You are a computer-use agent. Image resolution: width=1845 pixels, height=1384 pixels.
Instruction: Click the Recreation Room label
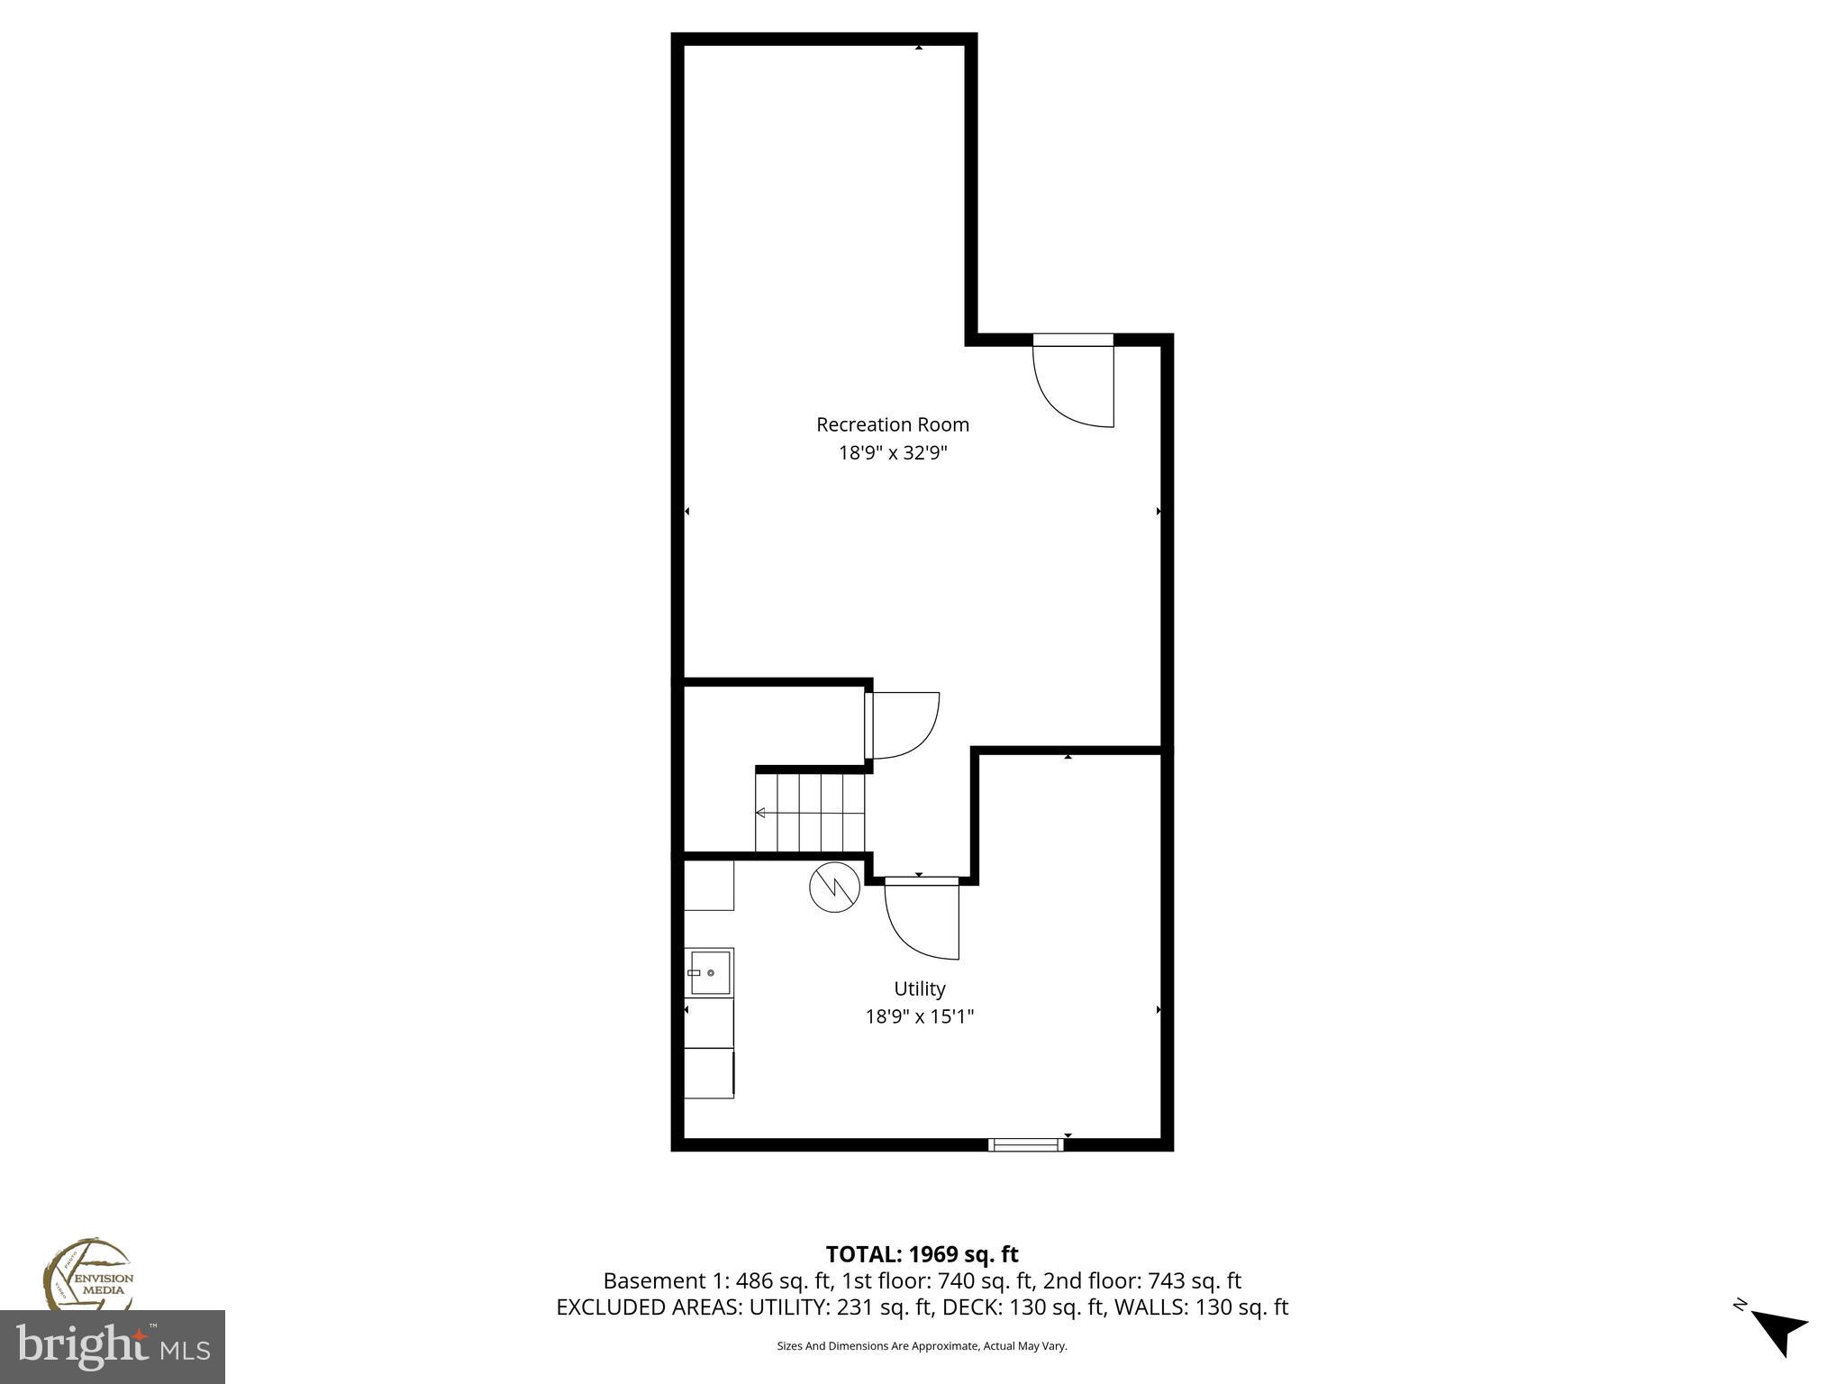(x=892, y=424)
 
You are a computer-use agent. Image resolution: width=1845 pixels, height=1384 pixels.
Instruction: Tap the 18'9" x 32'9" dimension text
(x=893, y=453)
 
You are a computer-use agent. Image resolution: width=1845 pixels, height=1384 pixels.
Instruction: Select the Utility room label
(x=919, y=988)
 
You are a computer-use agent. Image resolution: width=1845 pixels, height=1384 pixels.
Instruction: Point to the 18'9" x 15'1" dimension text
(x=919, y=1017)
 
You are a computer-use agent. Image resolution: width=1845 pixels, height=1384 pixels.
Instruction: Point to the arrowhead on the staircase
(x=760, y=813)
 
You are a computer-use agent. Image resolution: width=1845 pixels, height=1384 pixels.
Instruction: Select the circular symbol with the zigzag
(x=834, y=888)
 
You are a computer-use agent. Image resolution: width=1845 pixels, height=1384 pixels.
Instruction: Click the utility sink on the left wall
(x=710, y=973)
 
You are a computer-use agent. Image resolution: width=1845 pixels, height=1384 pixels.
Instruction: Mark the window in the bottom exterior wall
(x=1025, y=1144)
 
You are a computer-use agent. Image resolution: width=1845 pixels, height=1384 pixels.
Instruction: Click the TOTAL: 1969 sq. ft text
(x=922, y=1254)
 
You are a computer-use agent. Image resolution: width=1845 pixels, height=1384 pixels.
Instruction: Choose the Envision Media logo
(x=88, y=1274)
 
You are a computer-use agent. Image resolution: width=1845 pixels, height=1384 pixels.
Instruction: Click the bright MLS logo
(x=113, y=1346)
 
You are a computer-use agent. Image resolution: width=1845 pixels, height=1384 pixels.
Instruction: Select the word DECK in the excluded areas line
(x=965, y=1307)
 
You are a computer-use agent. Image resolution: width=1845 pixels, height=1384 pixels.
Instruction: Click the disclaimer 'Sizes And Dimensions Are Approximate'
(x=922, y=1346)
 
